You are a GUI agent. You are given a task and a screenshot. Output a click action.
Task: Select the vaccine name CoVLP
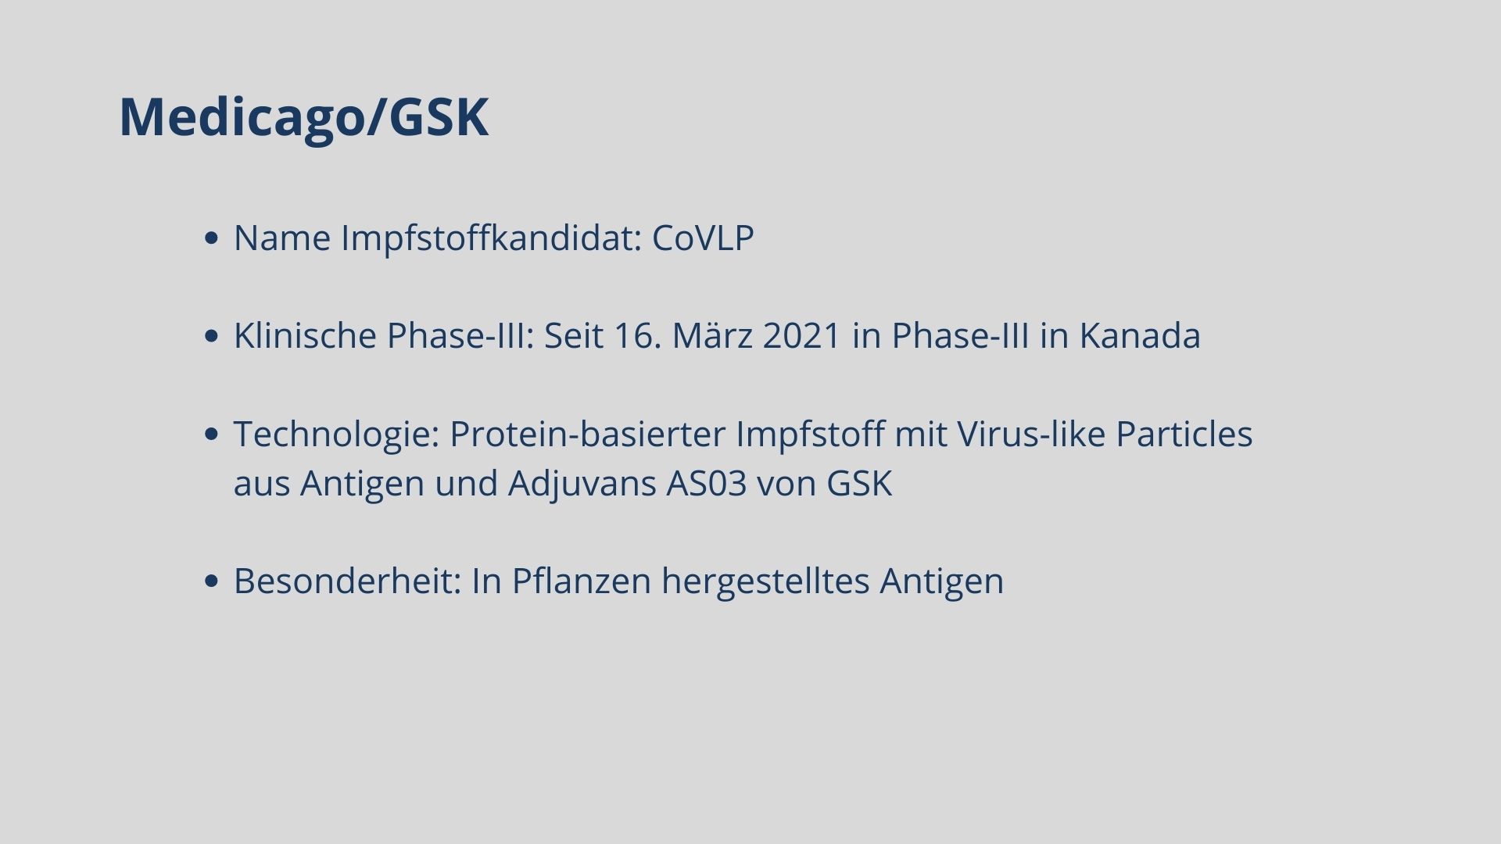[x=703, y=238]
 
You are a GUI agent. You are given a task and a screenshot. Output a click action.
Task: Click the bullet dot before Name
[x=210, y=238]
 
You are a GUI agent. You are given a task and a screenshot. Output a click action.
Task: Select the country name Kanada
[x=1140, y=335]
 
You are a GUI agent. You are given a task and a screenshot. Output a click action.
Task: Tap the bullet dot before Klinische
[x=210, y=336]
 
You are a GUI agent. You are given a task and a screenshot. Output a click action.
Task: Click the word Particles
[x=1184, y=434]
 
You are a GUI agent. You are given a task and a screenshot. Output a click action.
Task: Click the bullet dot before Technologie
[x=210, y=435]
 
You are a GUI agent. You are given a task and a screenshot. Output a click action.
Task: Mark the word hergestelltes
[x=765, y=581]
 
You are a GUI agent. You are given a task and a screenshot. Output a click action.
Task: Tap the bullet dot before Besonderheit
[x=210, y=581]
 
